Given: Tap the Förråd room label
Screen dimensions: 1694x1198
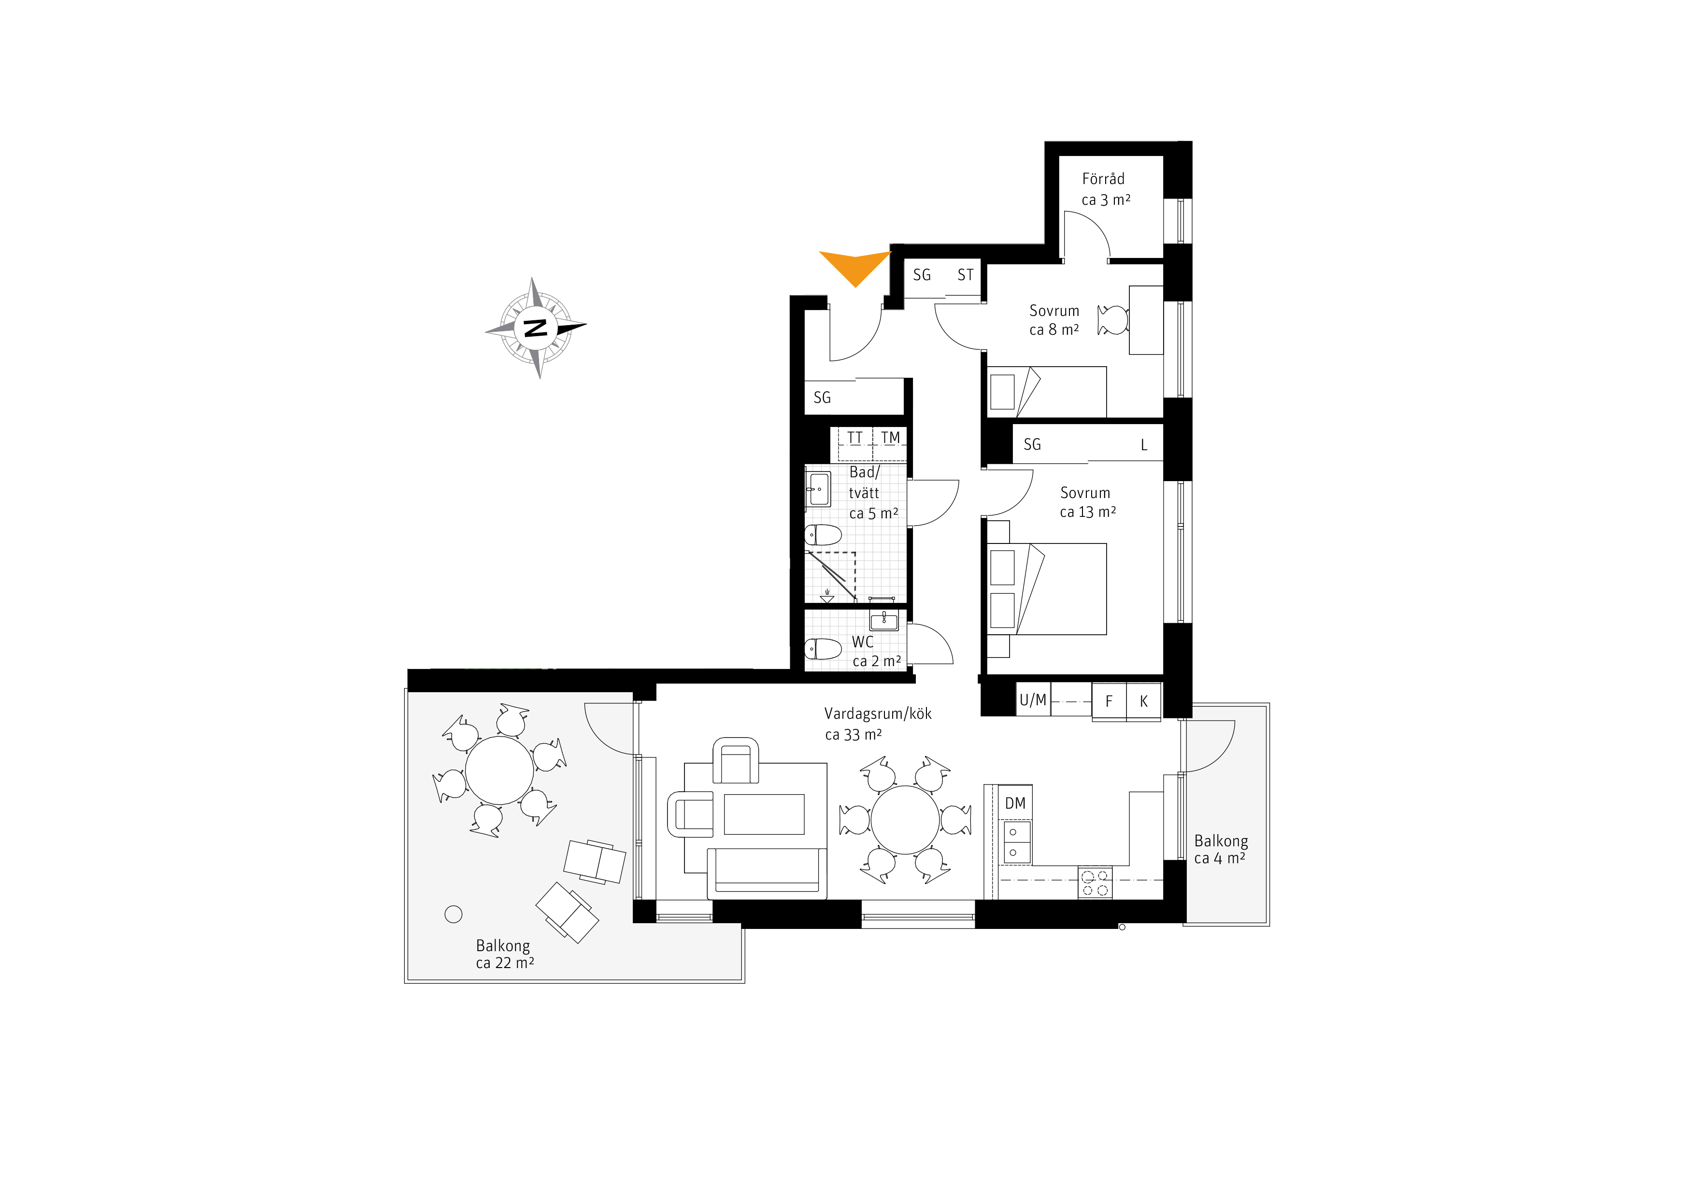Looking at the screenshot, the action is click(1103, 179).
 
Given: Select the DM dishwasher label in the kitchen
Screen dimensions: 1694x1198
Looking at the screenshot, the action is click(1015, 803).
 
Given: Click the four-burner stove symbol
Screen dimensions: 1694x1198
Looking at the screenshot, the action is click(1095, 882).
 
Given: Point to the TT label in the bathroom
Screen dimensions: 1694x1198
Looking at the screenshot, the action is click(854, 438).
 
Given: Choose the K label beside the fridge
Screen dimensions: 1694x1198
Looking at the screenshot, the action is click(1144, 701).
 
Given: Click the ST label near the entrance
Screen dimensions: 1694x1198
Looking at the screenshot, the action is click(965, 275).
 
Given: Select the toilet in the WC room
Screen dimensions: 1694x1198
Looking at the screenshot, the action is click(823, 649).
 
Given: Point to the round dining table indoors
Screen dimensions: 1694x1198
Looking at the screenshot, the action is click(905, 820).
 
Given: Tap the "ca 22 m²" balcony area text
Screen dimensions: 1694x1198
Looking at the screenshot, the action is click(505, 963).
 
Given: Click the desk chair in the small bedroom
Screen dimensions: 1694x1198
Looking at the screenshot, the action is click(1112, 320).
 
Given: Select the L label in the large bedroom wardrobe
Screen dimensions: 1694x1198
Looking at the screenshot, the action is click(1144, 445).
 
